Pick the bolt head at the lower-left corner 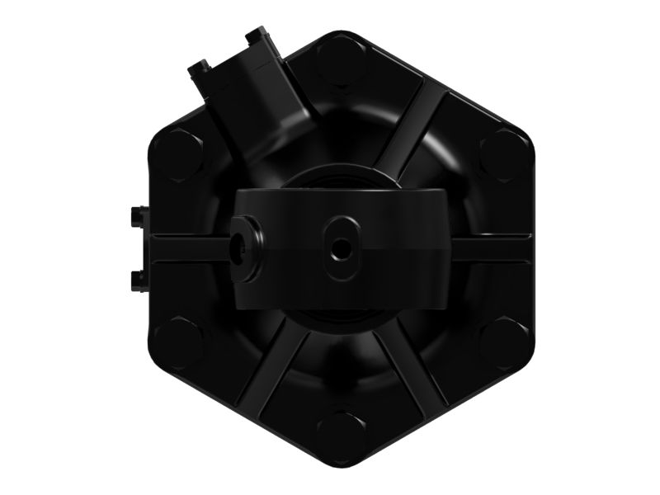pos(178,342)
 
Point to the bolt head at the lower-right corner pos(503,342)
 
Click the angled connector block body pos(247,103)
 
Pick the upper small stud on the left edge pos(138,215)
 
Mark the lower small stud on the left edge pos(138,278)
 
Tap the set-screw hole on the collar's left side pos(243,246)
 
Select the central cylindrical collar pos(388,247)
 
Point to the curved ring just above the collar pos(342,175)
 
